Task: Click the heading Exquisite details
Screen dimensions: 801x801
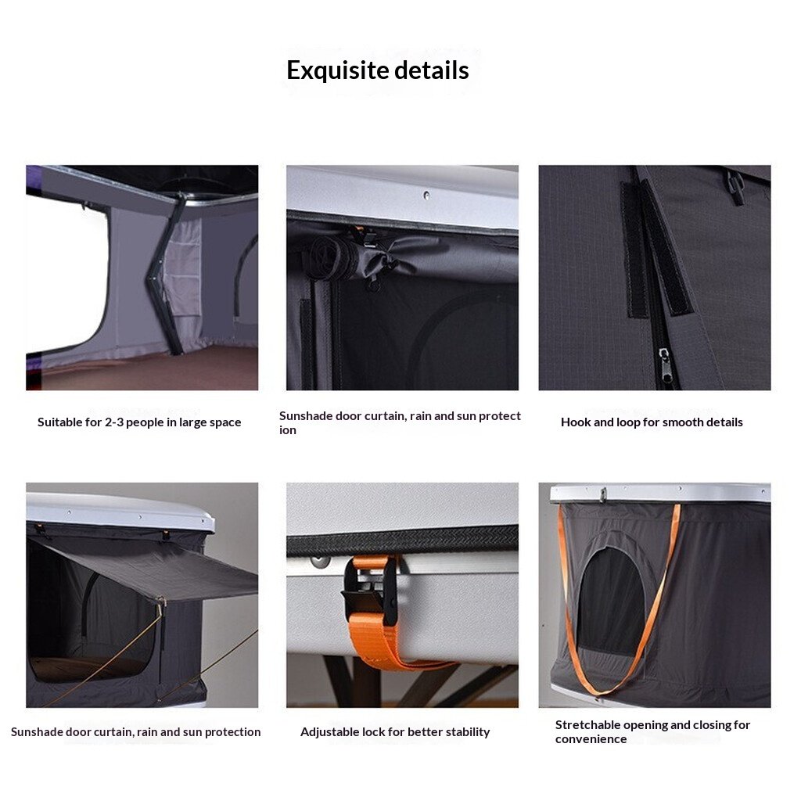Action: (x=378, y=70)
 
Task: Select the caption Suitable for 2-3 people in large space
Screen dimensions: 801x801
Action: (x=139, y=422)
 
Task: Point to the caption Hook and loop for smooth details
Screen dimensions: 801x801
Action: (x=652, y=422)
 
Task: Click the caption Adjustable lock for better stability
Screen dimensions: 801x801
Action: (x=395, y=732)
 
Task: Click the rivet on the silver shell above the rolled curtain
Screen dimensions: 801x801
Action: (x=426, y=195)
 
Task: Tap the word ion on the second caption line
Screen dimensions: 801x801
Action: (x=288, y=430)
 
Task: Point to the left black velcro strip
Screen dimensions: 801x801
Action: (x=634, y=250)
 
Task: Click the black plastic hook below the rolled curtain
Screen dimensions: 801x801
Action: (x=373, y=283)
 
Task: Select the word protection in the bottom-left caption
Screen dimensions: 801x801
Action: (x=233, y=732)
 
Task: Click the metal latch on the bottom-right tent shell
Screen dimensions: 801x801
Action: (x=603, y=494)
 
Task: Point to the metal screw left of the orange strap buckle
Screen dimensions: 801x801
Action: (x=320, y=561)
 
